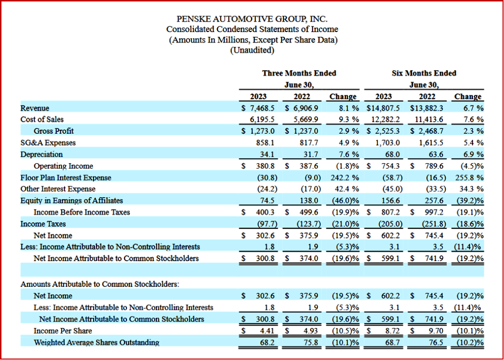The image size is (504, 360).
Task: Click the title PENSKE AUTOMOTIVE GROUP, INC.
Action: coord(252,19)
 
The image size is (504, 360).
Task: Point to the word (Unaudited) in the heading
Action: coord(252,50)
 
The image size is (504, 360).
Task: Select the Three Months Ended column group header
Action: coord(299,73)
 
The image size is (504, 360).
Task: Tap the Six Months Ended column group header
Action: coord(424,73)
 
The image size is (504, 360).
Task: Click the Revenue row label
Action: coord(35,108)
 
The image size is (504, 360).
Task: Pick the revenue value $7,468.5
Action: coord(259,108)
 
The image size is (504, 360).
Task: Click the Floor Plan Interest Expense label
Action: coord(65,178)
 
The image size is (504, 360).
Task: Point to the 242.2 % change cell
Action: coord(343,178)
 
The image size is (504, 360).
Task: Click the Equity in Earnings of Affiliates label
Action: coord(71,201)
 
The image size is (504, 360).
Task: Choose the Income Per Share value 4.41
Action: coord(266,330)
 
